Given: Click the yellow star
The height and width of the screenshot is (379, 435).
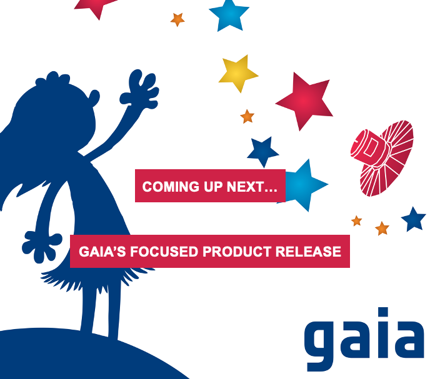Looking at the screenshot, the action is tap(237, 74).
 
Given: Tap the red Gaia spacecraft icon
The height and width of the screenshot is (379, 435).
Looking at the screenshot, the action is tap(382, 158).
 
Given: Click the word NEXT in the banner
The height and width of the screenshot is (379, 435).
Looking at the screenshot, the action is tap(245, 187).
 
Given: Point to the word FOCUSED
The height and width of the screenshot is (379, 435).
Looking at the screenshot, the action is tap(164, 252).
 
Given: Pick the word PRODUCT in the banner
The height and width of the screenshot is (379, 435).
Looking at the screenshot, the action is tap(237, 252).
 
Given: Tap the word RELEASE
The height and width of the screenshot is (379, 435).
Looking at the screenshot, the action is tap(308, 252).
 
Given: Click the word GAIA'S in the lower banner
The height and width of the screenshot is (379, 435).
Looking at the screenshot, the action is tap(102, 252).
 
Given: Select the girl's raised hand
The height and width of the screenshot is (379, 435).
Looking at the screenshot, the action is tap(140, 89).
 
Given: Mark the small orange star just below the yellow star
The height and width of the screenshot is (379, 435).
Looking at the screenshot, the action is tap(247, 116).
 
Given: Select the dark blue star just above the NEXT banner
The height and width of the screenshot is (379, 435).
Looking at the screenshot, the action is tap(262, 152).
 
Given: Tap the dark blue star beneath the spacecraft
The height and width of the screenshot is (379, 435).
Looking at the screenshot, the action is tap(413, 219).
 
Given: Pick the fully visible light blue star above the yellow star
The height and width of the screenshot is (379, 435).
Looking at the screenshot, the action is tap(229, 14).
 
